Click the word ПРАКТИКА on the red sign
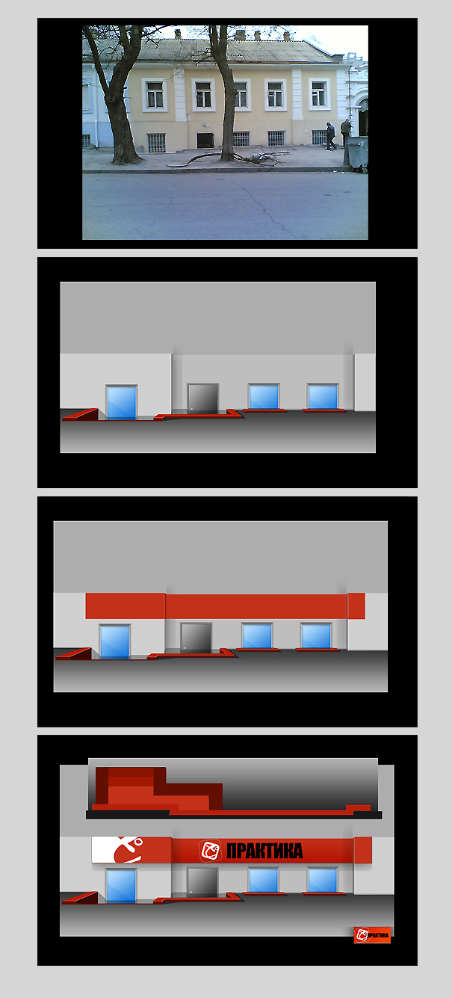tap(264, 851)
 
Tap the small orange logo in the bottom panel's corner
tap(372, 934)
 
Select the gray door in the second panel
tap(202, 398)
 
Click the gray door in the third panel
tap(196, 637)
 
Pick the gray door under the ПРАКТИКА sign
tap(202, 881)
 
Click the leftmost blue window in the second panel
tap(121, 401)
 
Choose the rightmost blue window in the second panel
tap(323, 396)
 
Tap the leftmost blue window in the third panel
tap(114, 641)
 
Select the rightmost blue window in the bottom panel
tap(323, 880)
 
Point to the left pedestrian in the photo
tap(330, 136)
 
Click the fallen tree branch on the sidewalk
tap(224, 156)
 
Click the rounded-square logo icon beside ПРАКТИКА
tap(211, 851)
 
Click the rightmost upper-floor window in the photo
tap(319, 93)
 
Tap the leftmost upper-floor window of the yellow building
tap(155, 94)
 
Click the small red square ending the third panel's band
tap(356, 606)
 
